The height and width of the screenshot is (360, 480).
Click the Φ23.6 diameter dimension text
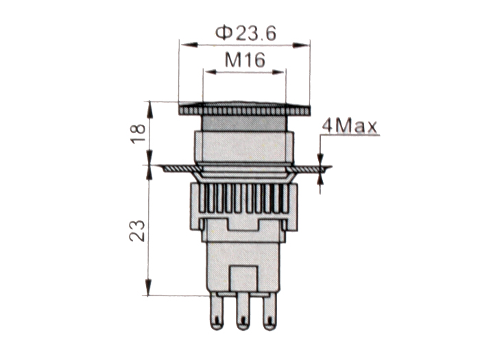tap(245, 32)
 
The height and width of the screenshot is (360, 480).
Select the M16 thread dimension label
tap(245, 60)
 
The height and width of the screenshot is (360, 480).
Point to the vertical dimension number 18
tap(138, 133)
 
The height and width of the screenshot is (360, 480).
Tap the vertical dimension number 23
tap(136, 230)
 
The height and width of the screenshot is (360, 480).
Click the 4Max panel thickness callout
tap(350, 125)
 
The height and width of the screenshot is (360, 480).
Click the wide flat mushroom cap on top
tap(244, 108)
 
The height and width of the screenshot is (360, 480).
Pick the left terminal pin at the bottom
tap(218, 311)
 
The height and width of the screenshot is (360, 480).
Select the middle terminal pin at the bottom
tap(243, 311)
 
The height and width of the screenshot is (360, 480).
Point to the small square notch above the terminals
tap(243, 277)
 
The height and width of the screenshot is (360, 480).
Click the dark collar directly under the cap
tap(243, 123)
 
